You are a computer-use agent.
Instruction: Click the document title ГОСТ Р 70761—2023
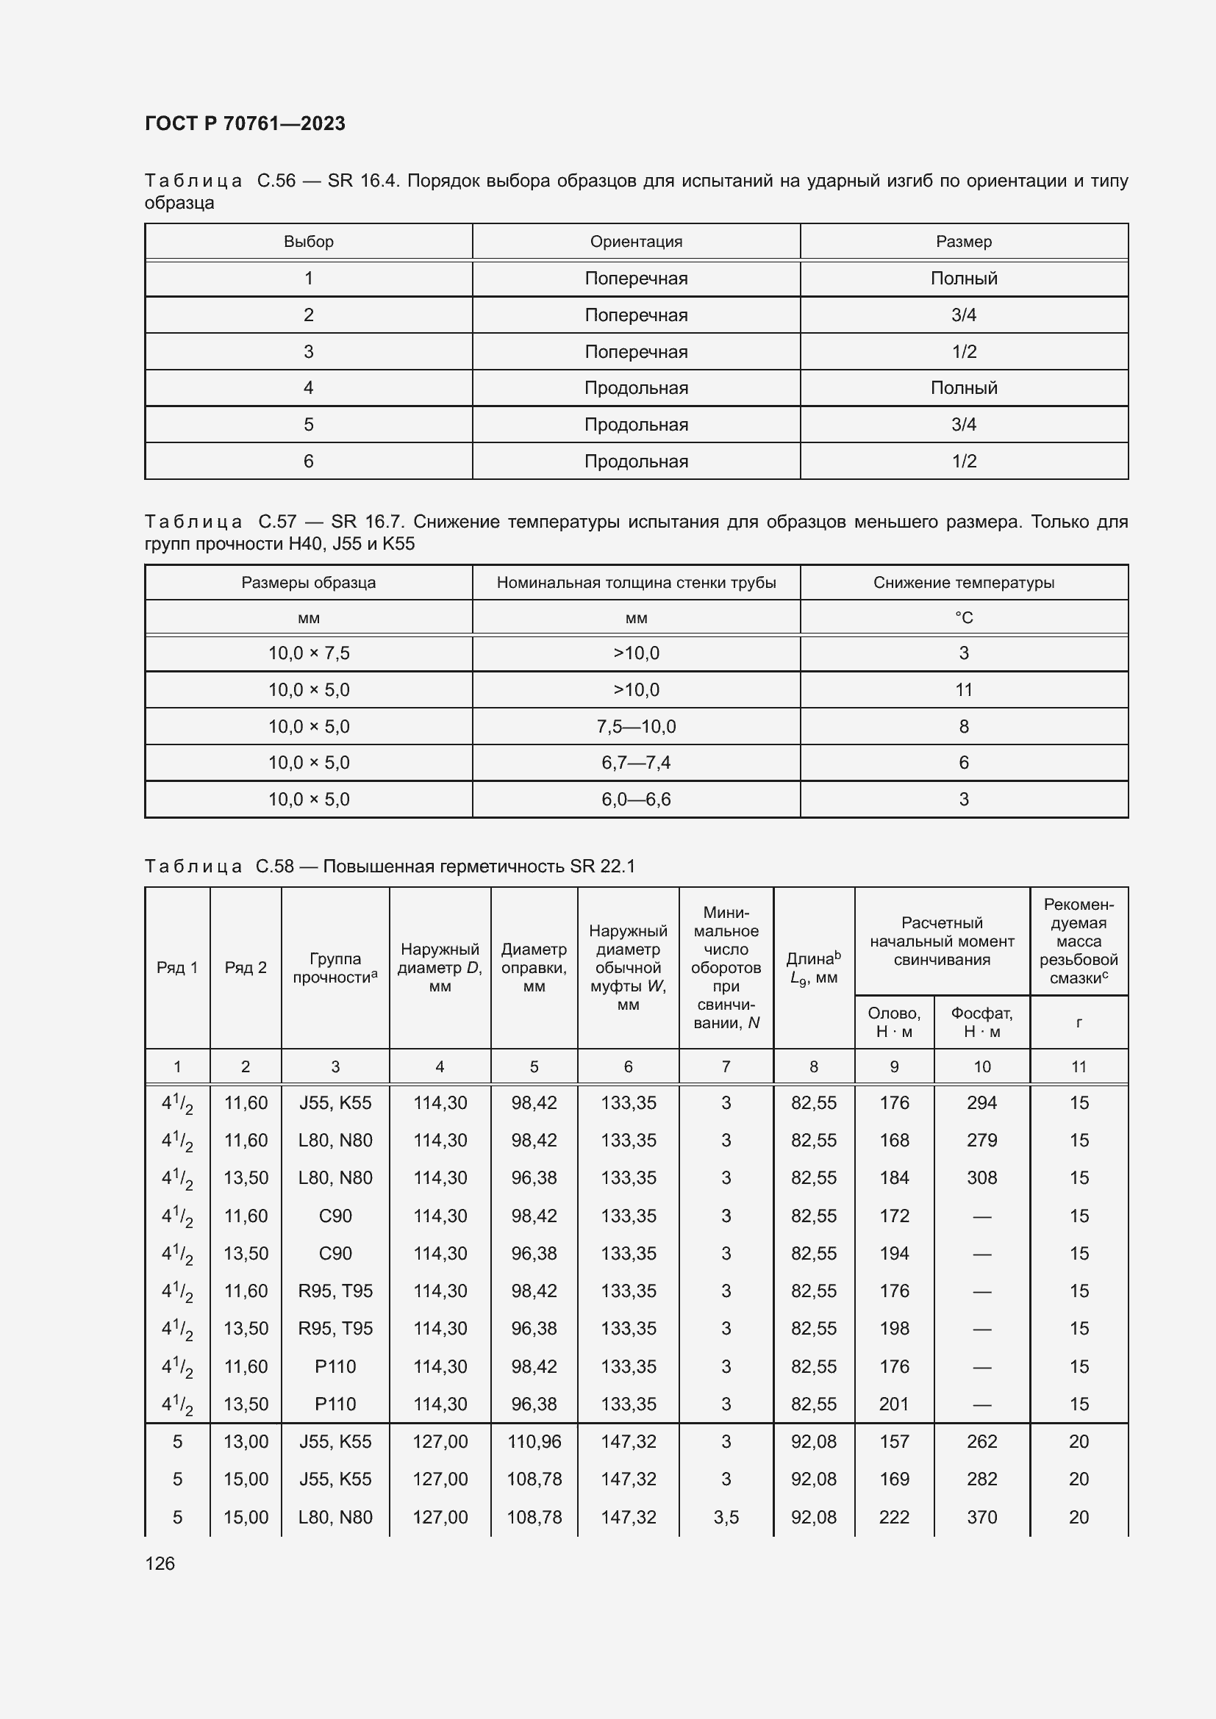click(x=245, y=123)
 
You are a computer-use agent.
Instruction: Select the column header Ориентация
click(x=636, y=242)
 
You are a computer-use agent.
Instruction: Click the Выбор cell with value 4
click(x=309, y=388)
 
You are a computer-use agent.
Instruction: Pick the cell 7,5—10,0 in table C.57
click(x=636, y=726)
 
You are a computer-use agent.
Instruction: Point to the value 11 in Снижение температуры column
click(x=964, y=689)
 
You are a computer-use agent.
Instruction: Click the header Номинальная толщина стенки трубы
click(x=636, y=583)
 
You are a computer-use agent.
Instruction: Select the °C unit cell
click(x=964, y=617)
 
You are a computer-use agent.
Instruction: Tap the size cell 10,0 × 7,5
click(x=309, y=653)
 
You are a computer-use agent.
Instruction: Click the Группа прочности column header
click(x=335, y=967)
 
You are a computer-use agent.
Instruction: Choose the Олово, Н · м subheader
click(x=894, y=1022)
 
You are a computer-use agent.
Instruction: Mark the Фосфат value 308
click(x=981, y=1177)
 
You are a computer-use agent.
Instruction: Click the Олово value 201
click(x=894, y=1404)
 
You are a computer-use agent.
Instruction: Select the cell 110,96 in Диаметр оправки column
click(x=534, y=1441)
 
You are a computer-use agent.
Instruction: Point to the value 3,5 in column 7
click(x=726, y=1517)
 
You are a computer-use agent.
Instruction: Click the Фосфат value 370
click(x=981, y=1517)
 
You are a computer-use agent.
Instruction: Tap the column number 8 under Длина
click(x=813, y=1066)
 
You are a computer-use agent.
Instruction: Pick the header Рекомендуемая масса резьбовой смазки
click(x=1079, y=941)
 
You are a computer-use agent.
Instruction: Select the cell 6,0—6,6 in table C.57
click(x=636, y=800)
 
